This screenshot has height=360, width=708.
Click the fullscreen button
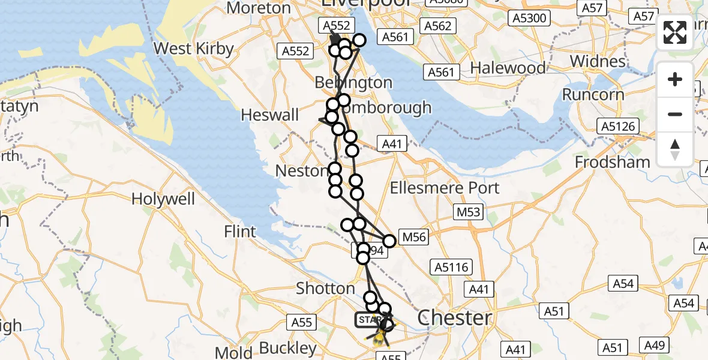coord(675,32)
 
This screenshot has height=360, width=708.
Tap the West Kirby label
coord(194,48)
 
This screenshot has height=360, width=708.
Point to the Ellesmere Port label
coord(444,188)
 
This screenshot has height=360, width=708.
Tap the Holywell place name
coord(163,198)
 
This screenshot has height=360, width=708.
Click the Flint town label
coord(239,231)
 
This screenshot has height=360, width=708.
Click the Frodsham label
coord(612,162)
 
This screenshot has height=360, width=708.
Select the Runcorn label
coord(593,95)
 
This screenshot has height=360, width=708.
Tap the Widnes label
coord(597,61)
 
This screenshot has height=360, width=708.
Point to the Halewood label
coord(508,68)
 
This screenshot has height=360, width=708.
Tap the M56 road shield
coord(413,238)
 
